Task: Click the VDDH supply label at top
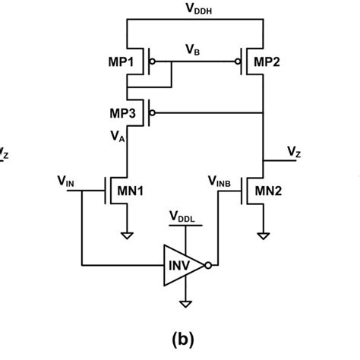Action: (194, 8)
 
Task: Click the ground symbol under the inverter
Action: (182, 305)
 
